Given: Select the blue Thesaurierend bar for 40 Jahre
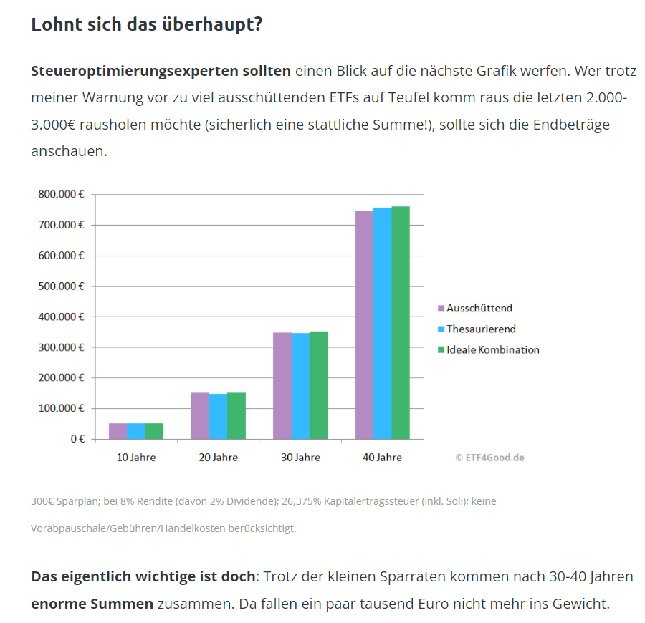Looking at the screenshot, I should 382,323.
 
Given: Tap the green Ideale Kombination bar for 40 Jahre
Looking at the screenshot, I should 400,322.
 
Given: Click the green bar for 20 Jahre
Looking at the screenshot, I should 236,415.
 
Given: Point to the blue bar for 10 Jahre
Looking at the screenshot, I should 136,430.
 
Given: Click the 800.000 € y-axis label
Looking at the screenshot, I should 60,194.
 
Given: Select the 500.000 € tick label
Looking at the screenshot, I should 60,286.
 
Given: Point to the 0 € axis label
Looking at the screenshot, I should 77,438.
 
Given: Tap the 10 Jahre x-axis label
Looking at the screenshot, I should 136,457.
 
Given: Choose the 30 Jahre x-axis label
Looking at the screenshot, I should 300,457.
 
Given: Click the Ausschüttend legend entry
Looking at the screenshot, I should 479,309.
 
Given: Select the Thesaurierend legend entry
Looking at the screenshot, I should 481,329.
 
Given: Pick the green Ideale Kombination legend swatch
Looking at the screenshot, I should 441,350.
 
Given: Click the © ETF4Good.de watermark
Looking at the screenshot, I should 489,457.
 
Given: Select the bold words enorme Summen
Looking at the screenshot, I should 92,604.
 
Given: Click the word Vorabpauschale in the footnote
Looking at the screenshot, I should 66,528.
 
